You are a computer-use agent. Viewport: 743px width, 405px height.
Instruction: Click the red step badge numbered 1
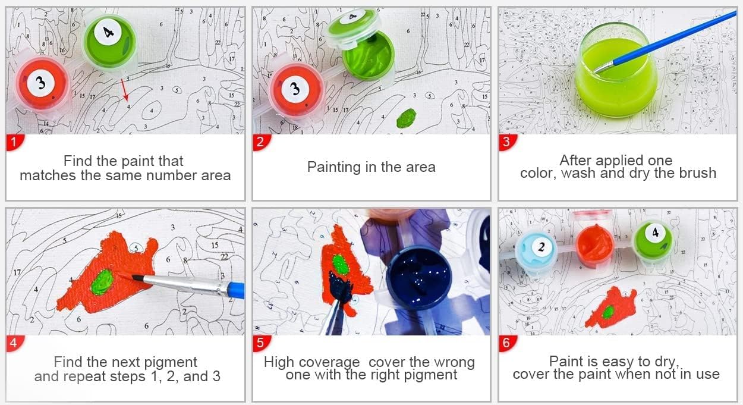pyautogui.click(x=14, y=142)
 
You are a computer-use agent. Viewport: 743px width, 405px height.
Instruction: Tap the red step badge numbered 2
pyautogui.click(x=261, y=142)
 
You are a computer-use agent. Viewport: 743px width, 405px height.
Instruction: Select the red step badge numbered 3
pyautogui.click(x=507, y=142)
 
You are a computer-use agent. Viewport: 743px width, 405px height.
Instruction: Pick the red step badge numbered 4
pyautogui.click(x=14, y=343)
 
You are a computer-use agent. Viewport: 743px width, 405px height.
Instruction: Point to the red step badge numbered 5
pyautogui.click(x=261, y=343)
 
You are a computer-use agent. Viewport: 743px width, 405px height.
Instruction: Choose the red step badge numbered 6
pyautogui.click(x=507, y=343)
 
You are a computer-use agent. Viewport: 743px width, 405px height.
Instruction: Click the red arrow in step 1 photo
pyautogui.click(x=124, y=90)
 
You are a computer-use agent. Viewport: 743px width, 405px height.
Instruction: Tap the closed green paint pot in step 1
pyautogui.click(x=109, y=42)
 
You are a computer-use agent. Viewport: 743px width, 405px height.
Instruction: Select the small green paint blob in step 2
pyautogui.click(x=406, y=118)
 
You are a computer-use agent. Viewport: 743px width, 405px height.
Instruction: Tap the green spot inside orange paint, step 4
pyautogui.click(x=102, y=282)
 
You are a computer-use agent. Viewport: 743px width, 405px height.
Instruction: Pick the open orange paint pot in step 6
pyautogui.click(x=594, y=245)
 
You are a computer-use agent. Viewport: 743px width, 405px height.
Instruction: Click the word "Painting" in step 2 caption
pyautogui.click(x=333, y=167)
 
